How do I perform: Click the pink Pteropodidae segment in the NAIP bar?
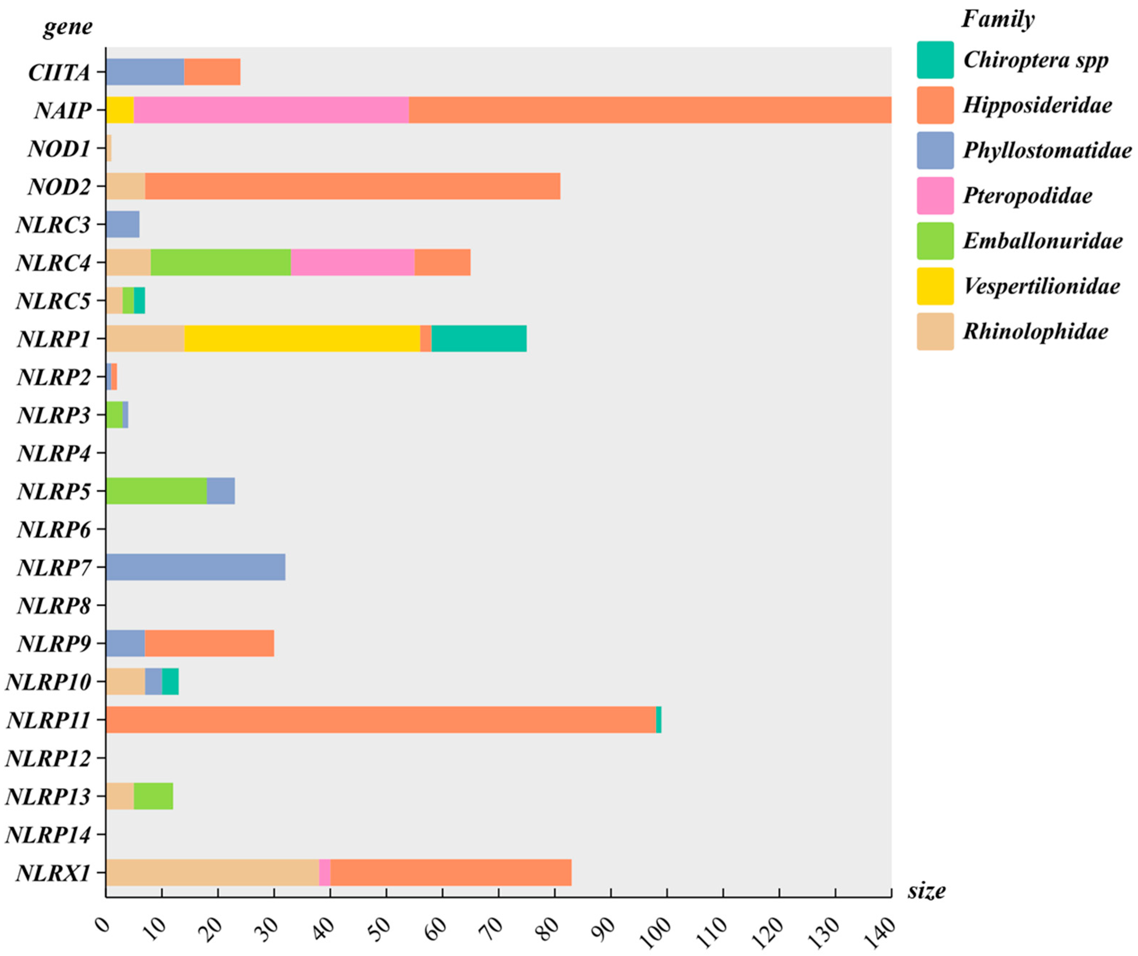(x=271, y=110)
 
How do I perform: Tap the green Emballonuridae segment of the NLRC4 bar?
(x=221, y=262)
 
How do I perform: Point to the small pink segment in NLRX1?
(x=324, y=873)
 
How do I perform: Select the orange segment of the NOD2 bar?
(x=352, y=186)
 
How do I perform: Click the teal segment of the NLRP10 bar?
(x=170, y=682)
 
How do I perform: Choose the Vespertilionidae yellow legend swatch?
(x=935, y=286)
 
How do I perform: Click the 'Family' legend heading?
(x=998, y=19)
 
